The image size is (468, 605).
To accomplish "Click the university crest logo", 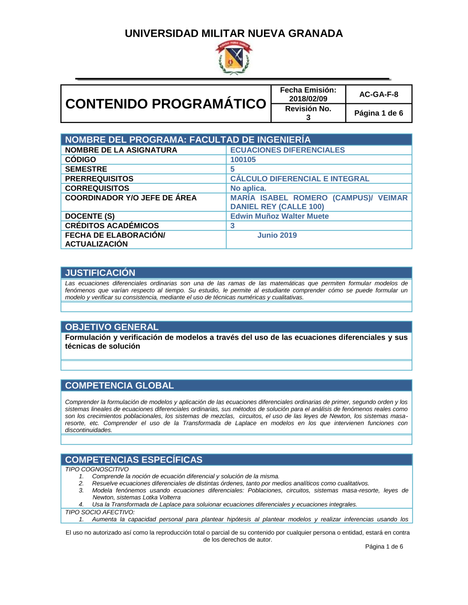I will coord(234,58).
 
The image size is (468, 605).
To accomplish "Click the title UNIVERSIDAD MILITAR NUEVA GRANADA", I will coord(234,34).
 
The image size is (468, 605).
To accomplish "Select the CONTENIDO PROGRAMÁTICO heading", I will coord(166,104).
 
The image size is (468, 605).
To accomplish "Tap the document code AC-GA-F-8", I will coord(379,94).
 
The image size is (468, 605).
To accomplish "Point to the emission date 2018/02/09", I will coord(308,99).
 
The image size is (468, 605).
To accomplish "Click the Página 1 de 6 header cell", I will coord(379,113).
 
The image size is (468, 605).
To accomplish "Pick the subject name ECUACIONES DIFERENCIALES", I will coord(287,150).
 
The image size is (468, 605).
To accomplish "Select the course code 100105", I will coord(243,159).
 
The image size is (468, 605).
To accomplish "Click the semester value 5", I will coord(233,169).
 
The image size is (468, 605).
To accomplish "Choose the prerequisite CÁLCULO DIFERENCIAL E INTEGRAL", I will coord(300,179).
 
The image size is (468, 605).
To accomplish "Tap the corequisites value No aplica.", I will coord(248,188).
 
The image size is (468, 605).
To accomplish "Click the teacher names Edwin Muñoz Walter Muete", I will coord(279,216).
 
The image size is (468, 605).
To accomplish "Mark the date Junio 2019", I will coord(277,235).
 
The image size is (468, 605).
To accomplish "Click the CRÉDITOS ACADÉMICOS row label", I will coord(112,225).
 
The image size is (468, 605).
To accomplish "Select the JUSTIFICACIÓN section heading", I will coord(100,273).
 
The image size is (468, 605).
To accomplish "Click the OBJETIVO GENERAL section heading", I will coord(112,327).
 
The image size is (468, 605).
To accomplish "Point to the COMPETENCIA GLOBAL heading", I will coord(119,386).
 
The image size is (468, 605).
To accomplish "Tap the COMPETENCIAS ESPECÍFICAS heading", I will coord(134,460).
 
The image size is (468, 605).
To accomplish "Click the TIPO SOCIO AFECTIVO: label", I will coord(100,512).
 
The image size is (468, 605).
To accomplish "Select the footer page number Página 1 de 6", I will coord(384,547).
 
